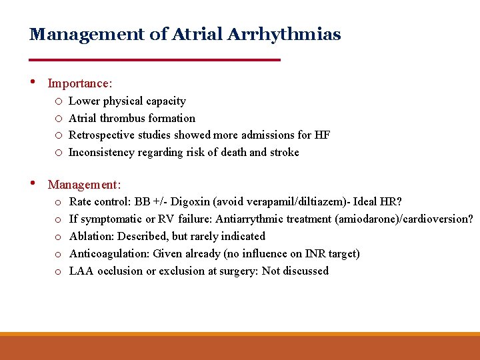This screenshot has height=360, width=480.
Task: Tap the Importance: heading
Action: [x=80, y=83]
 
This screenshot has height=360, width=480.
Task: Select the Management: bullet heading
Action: [x=84, y=184]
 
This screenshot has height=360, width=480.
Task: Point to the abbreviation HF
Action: [x=322, y=135]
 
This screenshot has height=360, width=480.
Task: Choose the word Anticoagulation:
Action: [x=109, y=253]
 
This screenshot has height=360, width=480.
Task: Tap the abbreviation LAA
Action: [x=81, y=271]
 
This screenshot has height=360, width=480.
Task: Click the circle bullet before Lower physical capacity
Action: [x=59, y=101]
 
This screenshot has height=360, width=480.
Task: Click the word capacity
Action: [x=167, y=101]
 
